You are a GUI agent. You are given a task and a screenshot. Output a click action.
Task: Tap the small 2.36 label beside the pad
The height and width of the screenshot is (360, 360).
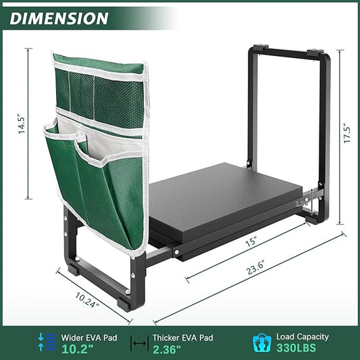[x=301, y=202]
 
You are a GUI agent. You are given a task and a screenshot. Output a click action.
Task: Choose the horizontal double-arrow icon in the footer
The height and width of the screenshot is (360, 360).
[x=138, y=342]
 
